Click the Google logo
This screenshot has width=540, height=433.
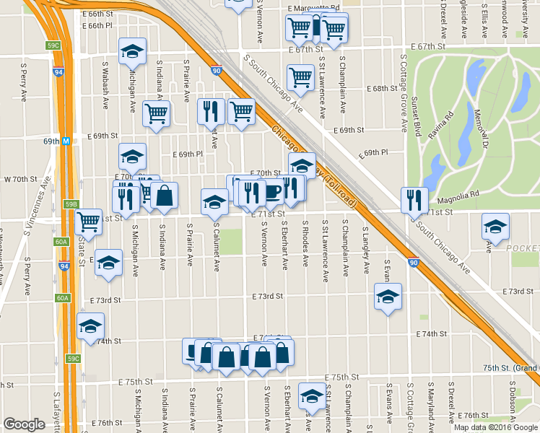[x=24, y=424]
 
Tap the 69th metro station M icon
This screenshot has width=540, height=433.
[x=65, y=141]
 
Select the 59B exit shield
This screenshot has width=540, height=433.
[x=71, y=205]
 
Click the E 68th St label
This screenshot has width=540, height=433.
[x=380, y=88]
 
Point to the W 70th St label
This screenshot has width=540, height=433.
[x=20, y=178]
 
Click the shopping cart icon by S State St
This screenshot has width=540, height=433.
[x=89, y=222]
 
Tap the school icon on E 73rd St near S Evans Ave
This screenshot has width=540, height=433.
[x=388, y=297]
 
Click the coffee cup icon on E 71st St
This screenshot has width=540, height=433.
[x=271, y=193]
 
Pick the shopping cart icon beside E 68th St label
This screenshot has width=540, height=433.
[x=300, y=76]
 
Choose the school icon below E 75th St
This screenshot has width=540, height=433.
[x=312, y=395]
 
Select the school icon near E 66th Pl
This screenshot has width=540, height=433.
[x=132, y=51]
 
